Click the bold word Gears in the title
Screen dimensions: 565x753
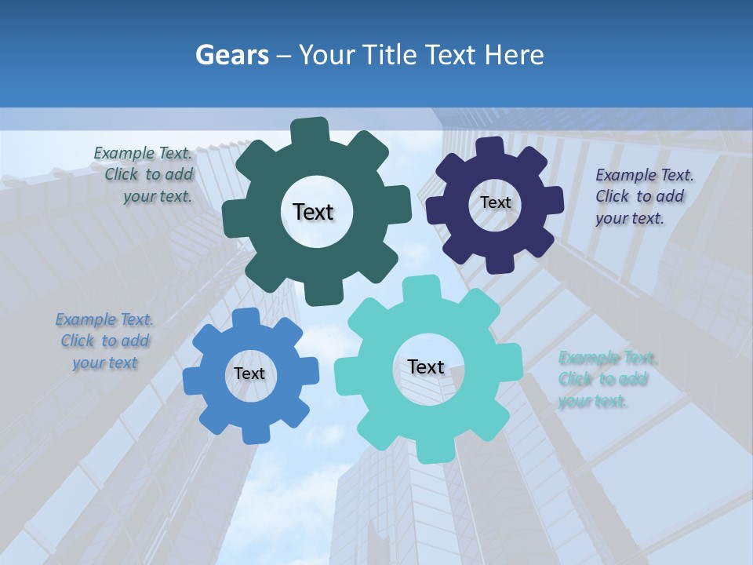coord(231,55)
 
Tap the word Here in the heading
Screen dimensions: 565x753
coord(513,55)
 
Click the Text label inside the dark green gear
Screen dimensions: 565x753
coord(313,212)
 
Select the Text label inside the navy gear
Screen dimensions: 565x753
coord(496,202)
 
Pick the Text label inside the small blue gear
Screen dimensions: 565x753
coord(249,374)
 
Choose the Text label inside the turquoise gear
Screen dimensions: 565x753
coord(426,366)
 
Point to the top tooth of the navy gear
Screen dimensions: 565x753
coord(489,148)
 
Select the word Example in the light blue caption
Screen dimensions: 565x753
coord(84,319)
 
